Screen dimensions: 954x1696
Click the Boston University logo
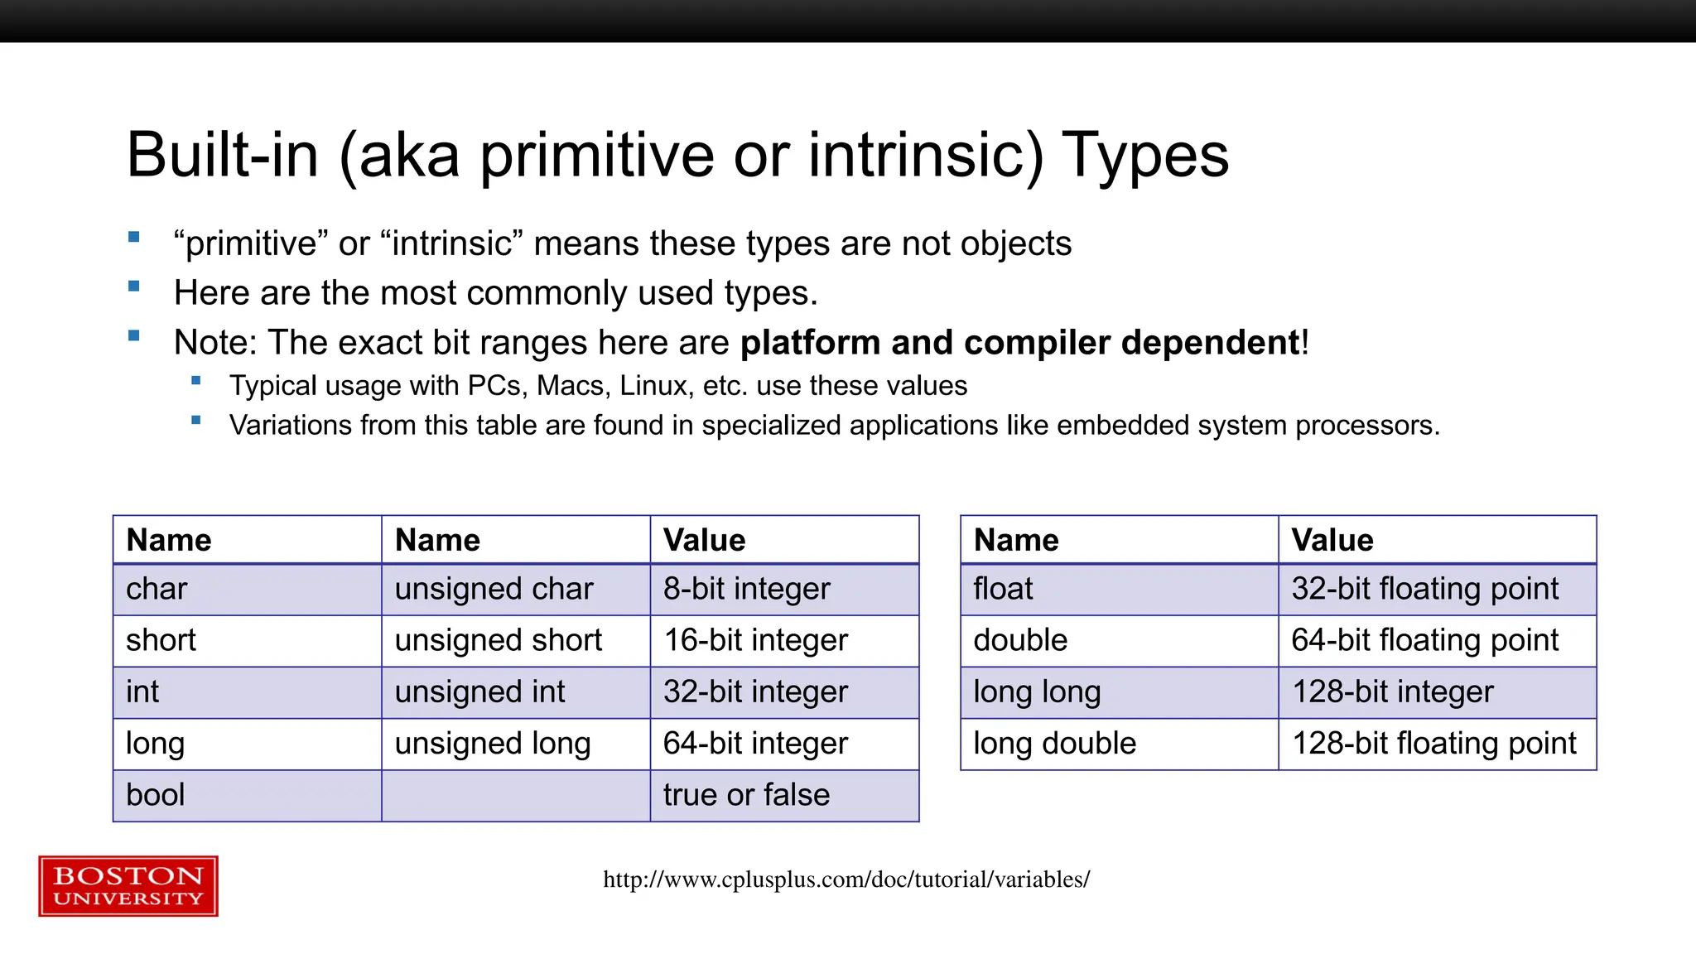coord(128,886)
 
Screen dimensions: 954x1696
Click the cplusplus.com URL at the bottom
coord(846,879)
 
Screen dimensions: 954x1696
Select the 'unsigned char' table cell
coord(494,589)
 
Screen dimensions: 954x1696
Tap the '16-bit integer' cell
coord(755,640)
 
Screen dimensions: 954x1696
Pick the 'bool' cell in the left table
coord(156,795)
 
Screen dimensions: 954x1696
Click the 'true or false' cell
coord(746,795)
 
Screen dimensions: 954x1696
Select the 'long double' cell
coord(1054,744)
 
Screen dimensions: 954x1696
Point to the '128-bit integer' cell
coord(1393,691)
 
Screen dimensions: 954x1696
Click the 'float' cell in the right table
coord(1003,589)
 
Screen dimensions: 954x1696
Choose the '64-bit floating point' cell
coord(1424,640)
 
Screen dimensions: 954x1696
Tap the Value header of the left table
coord(705,541)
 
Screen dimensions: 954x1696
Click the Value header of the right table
coord(1332,541)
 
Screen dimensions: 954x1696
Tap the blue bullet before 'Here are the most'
coord(134,287)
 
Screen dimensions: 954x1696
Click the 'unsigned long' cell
coord(493,744)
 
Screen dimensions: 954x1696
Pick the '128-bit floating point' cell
coord(1434,744)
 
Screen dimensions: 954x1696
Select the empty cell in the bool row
coord(515,795)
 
